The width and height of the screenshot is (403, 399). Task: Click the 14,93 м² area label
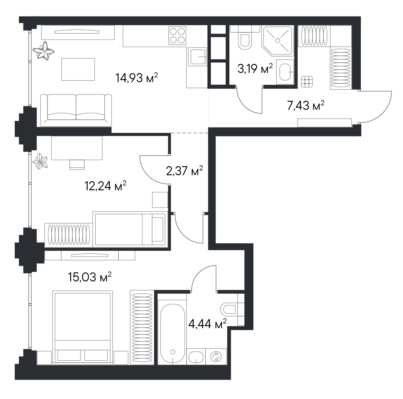coord(136,78)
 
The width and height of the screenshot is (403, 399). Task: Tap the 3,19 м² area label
coord(255,68)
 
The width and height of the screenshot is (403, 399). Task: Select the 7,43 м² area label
coord(306,105)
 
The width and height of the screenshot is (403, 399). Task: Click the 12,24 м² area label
coord(105,186)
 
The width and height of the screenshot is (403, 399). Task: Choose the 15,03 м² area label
coord(90,277)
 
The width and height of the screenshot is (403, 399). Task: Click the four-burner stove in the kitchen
coord(177,35)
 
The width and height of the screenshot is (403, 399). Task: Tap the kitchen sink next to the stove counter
coord(197,57)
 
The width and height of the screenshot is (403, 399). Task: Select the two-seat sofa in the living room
coord(76,110)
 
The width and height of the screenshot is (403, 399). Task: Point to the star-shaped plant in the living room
coord(44,51)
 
